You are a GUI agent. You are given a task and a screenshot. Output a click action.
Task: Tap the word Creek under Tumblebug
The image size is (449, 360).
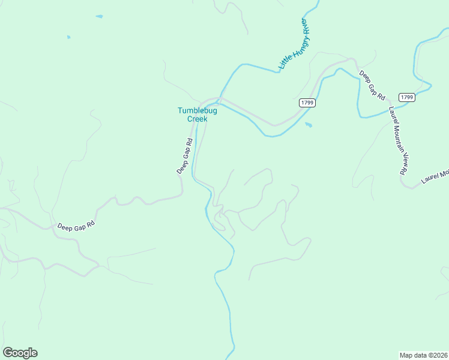(197, 119)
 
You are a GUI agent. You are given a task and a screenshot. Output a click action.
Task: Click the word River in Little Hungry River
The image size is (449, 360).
(306, 26)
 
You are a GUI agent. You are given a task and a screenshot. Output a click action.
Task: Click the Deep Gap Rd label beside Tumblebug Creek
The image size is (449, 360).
(184, 157)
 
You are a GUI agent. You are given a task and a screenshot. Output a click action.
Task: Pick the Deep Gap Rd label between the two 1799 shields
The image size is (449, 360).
(372, 85)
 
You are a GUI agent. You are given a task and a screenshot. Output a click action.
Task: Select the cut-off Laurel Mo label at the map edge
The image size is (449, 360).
(435, 176)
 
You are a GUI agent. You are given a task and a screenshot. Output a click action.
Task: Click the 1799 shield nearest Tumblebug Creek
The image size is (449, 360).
(307, 103)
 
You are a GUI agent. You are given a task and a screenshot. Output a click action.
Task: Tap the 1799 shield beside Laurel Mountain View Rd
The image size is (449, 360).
(406, 97)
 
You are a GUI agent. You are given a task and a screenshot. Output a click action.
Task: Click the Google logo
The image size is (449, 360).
(20, 353)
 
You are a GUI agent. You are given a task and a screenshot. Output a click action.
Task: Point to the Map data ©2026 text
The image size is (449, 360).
(423, 355)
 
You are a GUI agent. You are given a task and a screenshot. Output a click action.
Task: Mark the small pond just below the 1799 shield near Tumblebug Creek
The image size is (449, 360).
(309, 125)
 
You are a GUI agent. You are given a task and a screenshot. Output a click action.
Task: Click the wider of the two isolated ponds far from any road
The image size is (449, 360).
(99, 16)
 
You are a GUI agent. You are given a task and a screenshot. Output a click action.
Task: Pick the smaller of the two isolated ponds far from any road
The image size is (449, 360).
(68, 37)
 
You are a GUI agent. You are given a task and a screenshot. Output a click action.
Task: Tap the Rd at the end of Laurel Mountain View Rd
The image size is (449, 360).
(402, 170)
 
